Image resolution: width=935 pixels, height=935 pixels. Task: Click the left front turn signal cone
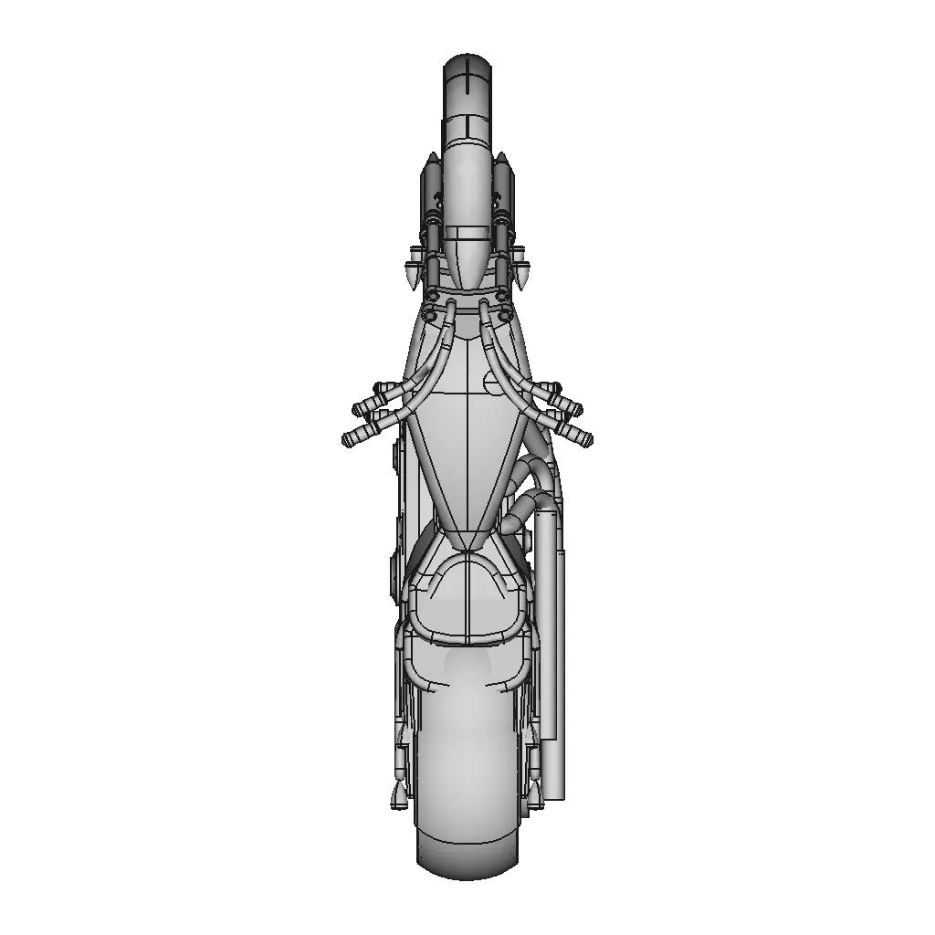413,274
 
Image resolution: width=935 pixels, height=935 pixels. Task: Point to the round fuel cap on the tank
493,385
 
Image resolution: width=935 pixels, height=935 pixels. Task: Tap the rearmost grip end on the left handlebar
352,439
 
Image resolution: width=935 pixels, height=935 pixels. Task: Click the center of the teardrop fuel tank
467,438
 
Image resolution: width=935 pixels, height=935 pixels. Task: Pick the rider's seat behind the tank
467,598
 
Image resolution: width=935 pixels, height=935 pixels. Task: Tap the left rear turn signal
398,794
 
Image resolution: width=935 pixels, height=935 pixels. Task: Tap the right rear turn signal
535,794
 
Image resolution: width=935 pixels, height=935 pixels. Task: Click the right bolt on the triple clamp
502,296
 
